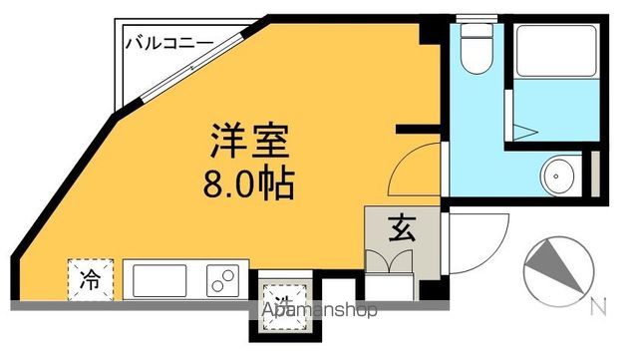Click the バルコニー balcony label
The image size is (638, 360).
(x=168, y=43)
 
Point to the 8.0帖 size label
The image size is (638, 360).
(x=248, y=182)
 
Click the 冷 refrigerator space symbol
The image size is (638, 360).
(x=91, y=278)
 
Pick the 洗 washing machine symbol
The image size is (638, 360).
(x=283, y=296)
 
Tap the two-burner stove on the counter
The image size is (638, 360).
(x=226, y=280)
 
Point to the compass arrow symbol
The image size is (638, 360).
(x=552, y=267)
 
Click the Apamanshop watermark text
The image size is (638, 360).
(x=320, y=310)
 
